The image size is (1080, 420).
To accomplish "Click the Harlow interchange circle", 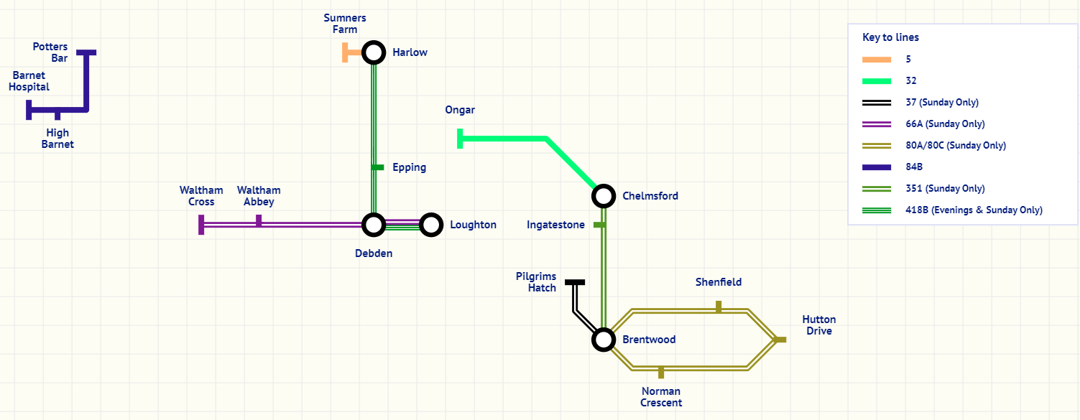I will coord(373,52).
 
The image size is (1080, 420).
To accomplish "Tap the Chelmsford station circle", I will coord(604,195).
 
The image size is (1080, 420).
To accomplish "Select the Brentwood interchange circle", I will coord(604,340).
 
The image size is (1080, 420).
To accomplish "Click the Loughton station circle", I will coord(430,225).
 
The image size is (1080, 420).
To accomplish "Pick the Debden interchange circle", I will coord(373,225).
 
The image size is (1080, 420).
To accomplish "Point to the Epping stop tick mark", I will coord(377,167).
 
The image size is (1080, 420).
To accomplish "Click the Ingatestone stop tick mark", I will coord(599,225).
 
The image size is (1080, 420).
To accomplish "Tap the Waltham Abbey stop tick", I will coord(259,220).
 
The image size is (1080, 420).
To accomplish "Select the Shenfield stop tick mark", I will coord(719,307).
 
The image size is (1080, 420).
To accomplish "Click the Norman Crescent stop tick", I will coord(661,373).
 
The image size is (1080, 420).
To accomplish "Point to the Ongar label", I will coord(460,110).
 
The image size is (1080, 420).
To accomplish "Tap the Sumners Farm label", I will coord(345,24).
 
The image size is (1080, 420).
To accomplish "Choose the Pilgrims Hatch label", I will coord(536,282).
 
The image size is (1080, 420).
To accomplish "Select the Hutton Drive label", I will coord(818,325).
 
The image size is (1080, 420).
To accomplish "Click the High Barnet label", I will coord(57,139).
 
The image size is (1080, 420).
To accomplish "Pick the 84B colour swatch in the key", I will coord(877,167).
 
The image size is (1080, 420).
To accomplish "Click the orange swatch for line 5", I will coord(877,59).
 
